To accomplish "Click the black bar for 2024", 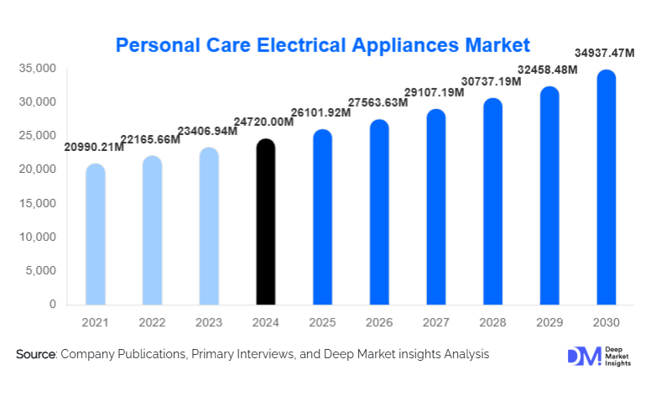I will (x=266, y=222).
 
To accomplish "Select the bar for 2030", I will (x=606, y=188).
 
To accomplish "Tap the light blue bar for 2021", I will (x=96, y=235).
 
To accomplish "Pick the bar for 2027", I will (x=436, y=207).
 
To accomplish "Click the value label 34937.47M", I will (x=604, y=54).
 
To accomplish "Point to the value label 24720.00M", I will (x=264, y=122).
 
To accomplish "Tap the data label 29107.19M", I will (x=435, y=93).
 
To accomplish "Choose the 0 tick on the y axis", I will (x=52, y=304).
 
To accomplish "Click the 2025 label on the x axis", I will (x=322, y=322).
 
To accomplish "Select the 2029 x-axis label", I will (x=549, y=322).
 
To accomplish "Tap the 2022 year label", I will (x=152, y=322).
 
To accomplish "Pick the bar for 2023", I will (x=209, y=227).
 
